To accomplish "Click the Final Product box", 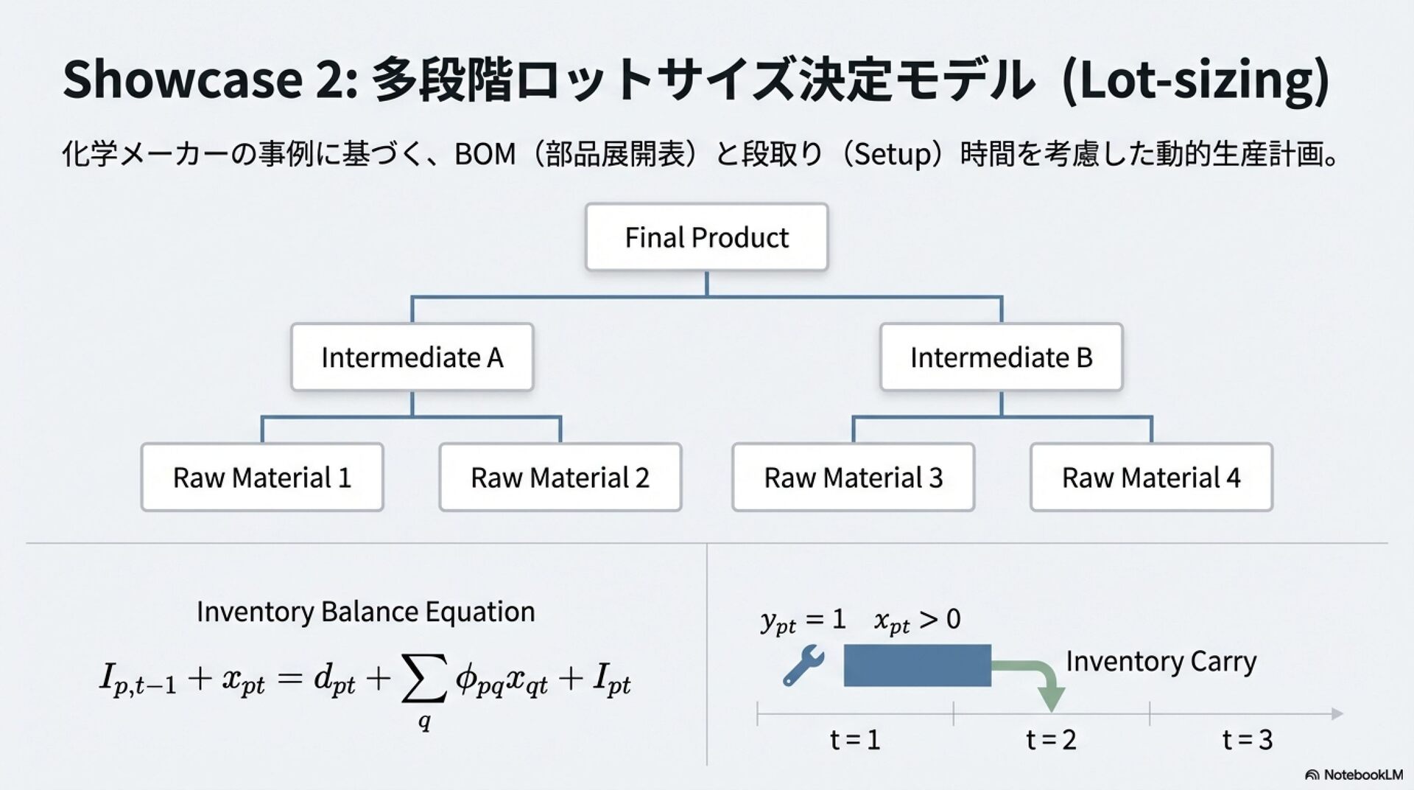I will click(x=706, y=237).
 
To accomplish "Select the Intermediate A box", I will click(x=412, y=357).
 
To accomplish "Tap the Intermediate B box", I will click(x=1001, y=357).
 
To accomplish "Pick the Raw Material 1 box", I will click(x=262, y=478).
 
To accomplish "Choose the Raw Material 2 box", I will click(x=560, y=478).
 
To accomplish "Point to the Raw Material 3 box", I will click(x=853, y=478).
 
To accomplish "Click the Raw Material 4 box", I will click(x=1151, y=478).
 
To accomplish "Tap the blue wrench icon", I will click(x=803, y=665).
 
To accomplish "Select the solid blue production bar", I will click(x=917, y=665).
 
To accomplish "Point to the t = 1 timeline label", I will click(x=855, y=739).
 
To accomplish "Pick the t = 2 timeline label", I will click(x=1051, y=739).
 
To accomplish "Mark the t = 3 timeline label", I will click(x=1247, y=739).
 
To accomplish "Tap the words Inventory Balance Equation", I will click(x=365, y=612).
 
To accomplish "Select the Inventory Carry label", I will click(x=1161, y=661).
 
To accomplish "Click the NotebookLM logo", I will click(x=1354, y=775).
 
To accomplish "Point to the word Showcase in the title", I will click(x=183, y=79).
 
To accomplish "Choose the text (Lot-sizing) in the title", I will click(x=1196, y=80).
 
